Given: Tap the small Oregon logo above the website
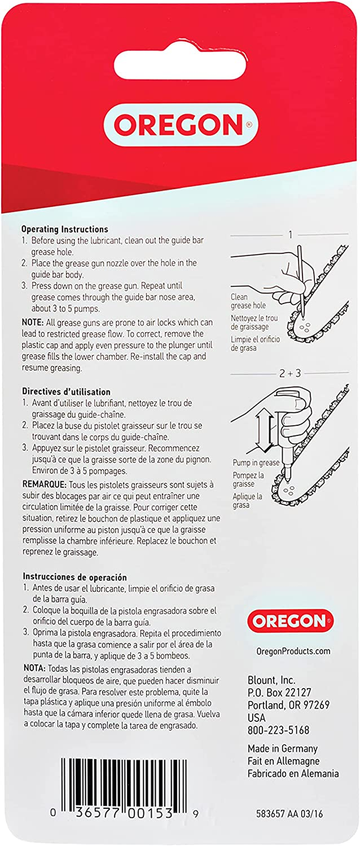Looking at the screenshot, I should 290,621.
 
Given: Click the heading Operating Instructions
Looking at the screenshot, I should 65,229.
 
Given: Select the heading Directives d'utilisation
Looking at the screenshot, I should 66,391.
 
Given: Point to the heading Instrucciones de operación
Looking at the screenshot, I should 75,577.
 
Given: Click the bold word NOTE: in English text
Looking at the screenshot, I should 32,322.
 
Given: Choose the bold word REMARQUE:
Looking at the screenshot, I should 44,485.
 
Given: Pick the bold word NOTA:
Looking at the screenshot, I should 34,669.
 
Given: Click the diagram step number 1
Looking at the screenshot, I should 290,234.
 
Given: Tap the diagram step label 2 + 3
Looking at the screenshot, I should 290,373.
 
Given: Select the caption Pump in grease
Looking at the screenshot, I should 256,463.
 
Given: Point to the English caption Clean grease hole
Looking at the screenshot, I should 248,301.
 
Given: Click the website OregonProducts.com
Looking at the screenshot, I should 293,651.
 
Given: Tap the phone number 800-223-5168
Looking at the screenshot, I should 278,730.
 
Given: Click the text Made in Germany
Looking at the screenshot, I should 282,748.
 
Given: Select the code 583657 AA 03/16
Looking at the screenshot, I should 289,813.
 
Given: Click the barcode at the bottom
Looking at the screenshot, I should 124,785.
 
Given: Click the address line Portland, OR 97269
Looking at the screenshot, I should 288,705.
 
